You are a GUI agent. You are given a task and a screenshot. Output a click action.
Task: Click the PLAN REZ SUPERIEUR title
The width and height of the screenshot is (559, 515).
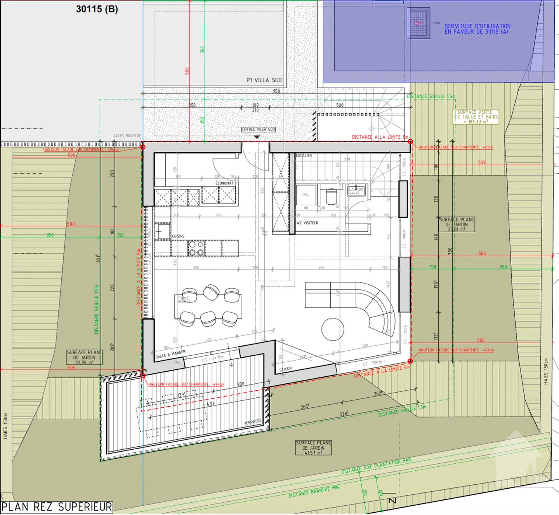57,506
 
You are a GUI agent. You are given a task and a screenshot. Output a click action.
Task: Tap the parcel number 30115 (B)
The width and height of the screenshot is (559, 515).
97,9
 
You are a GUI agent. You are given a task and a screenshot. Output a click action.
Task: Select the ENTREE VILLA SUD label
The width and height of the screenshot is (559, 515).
259,129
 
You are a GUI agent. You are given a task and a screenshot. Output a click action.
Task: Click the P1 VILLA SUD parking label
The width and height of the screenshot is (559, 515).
264,80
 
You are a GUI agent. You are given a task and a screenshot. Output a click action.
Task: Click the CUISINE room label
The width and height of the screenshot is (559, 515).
178,236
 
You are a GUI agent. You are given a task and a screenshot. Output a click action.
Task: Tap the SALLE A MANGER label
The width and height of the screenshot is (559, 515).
170,355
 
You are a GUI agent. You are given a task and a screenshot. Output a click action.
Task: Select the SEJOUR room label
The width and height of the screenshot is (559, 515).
285,369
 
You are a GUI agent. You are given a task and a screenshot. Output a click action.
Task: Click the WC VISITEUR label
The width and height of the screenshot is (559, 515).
307,223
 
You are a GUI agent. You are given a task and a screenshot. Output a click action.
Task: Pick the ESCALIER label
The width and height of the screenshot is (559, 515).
304,156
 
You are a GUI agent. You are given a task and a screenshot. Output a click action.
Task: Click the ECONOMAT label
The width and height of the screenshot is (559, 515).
225,183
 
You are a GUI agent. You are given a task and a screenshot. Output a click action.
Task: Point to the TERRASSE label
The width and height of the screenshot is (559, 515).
253,422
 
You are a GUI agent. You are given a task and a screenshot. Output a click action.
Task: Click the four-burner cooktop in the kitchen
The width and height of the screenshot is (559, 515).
196,249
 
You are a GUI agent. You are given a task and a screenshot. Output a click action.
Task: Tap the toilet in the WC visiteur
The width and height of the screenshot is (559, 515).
331,197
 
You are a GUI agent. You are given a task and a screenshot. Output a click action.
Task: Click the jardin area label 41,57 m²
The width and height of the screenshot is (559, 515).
313,448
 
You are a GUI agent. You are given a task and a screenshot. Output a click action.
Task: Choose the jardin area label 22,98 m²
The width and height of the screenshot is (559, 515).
84,357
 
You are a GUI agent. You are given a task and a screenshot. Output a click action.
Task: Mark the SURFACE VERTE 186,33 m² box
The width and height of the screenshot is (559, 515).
476,117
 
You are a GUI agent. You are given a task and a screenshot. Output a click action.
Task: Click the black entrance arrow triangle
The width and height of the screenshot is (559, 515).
257,137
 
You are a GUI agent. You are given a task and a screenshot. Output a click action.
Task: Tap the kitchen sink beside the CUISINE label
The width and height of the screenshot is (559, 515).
164,231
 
